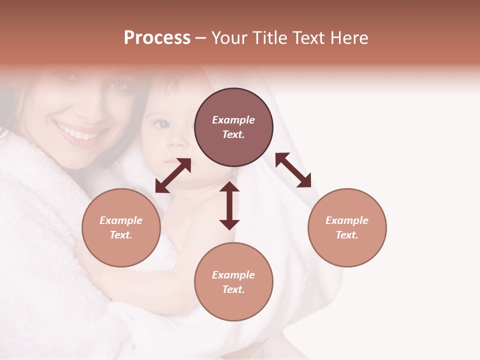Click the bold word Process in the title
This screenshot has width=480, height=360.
click(x=157, y=38)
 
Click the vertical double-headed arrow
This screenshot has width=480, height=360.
click(x=229, y=205)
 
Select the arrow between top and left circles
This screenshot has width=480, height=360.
click(x=173, y=175)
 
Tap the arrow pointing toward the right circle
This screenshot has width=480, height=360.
click(x=293, y=170)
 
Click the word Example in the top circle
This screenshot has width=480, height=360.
click(x=233, y=120)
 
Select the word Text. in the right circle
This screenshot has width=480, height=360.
click(x=347, y=235)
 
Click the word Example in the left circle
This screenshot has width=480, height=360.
click(x=121, y=220)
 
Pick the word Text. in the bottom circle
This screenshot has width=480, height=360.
click(x=233, y=289)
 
